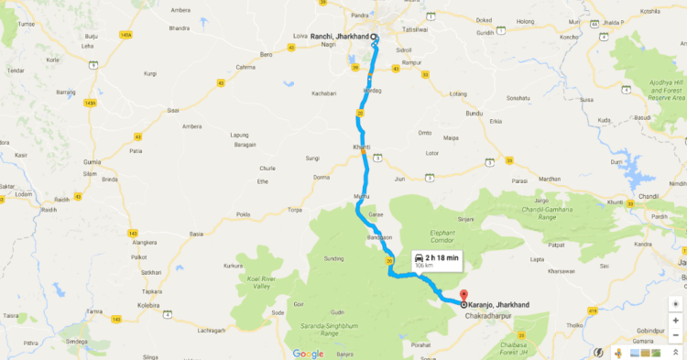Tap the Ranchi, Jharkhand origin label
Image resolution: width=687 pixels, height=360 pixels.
pyautogui.click(x=340, y=36)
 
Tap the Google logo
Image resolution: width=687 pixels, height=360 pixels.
pyautogui.click(x=308, y=354)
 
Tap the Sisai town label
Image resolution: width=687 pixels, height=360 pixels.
pyautogui.click(x=172, y=110)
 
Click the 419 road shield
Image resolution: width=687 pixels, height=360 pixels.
pyautogui.click(x=593, y=311)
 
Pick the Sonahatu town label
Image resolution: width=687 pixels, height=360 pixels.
pyautogui.click(x=518, y=97)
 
